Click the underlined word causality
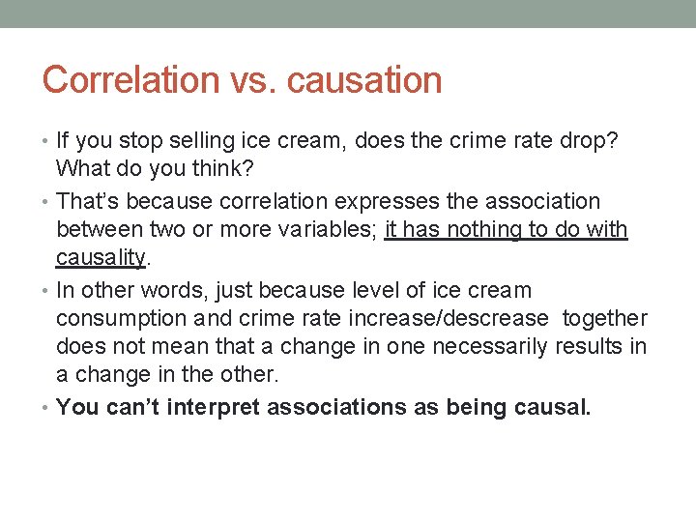pyautogui.click(x=101, y=257)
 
